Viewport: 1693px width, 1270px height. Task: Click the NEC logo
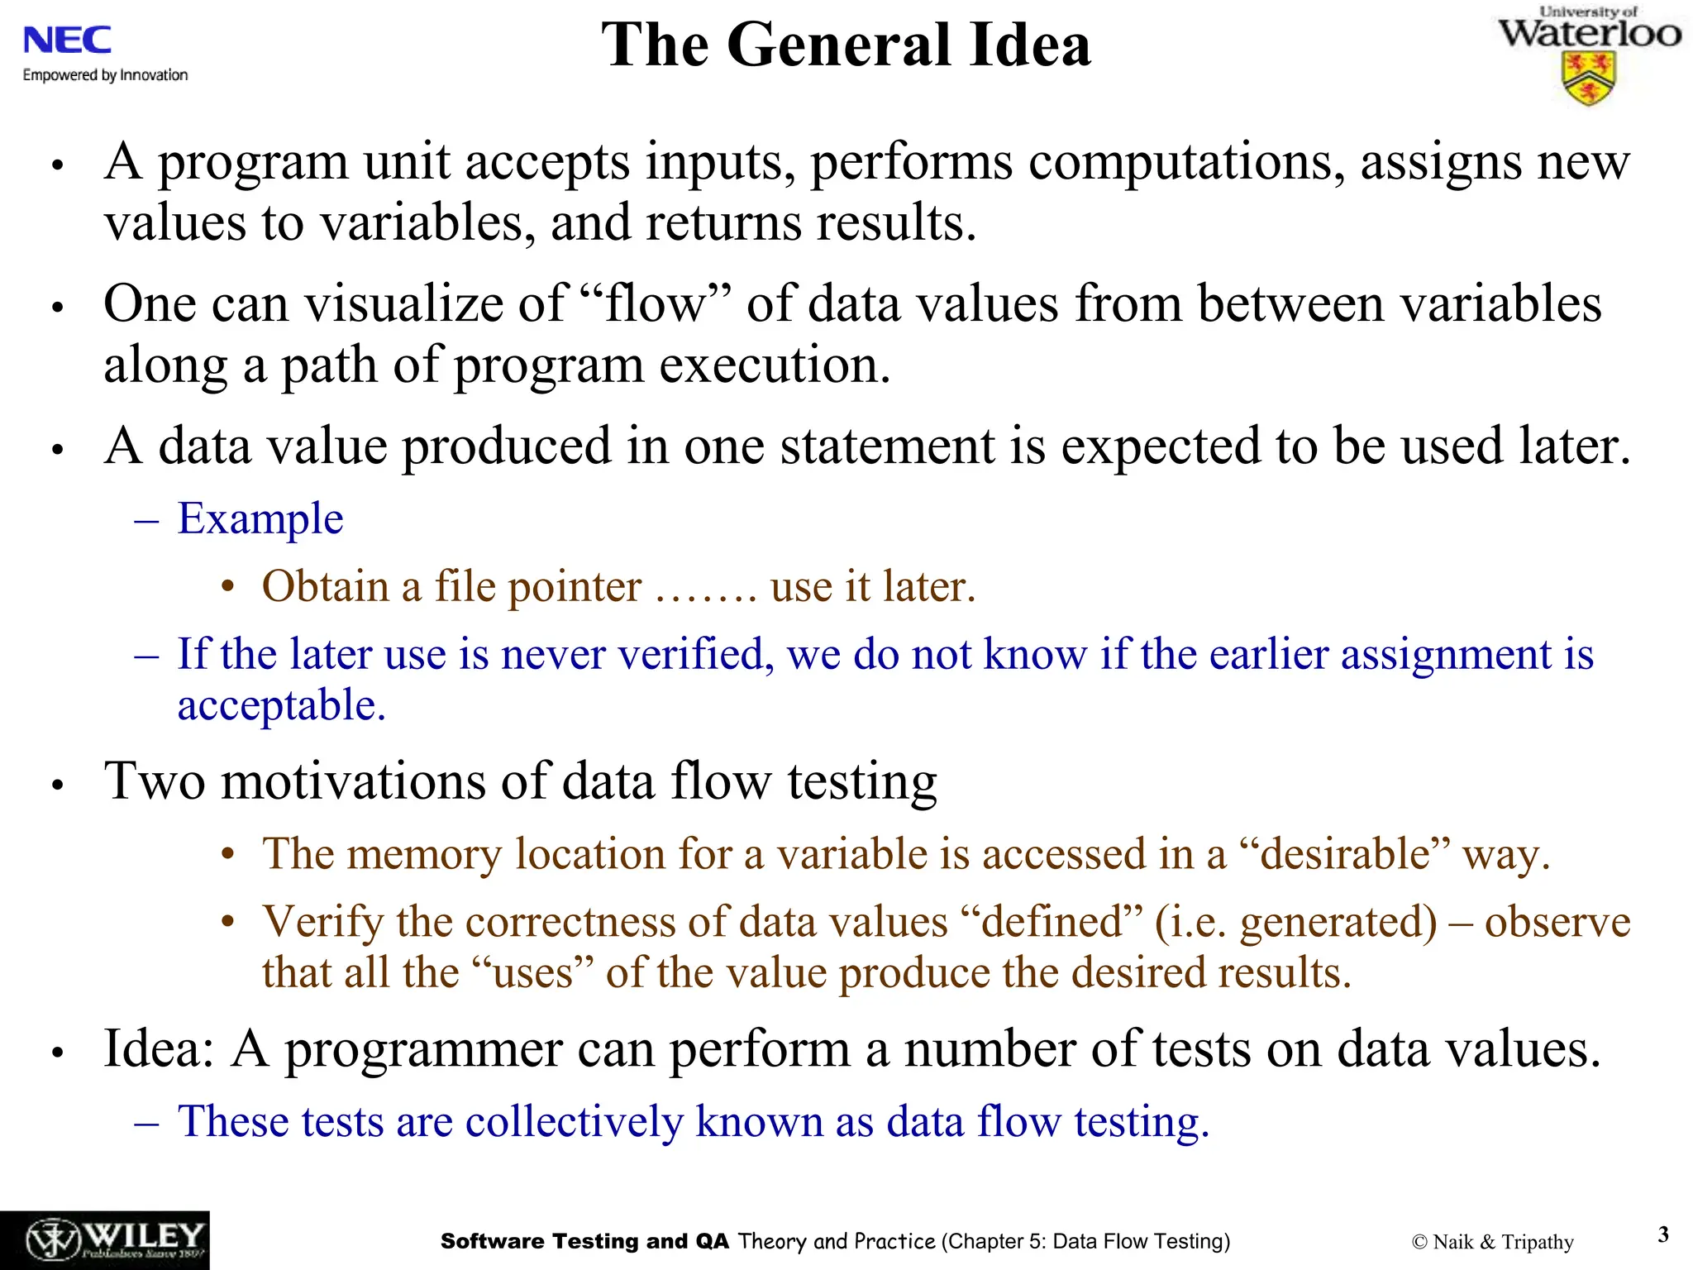pos(68,40)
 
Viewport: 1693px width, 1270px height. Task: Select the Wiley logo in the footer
pos(104,1240)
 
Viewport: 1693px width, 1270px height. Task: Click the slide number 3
pos(1663,1234)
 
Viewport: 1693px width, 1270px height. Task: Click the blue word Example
pos(260,519)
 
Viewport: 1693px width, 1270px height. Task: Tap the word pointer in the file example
pos(575,587)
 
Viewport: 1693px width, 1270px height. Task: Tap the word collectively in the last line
pos(575,1122)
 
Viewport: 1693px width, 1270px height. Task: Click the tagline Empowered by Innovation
pos(105,75)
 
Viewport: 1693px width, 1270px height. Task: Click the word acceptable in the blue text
pos(281,706)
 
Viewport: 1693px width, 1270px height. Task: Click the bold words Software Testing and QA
pos(584,1241)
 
